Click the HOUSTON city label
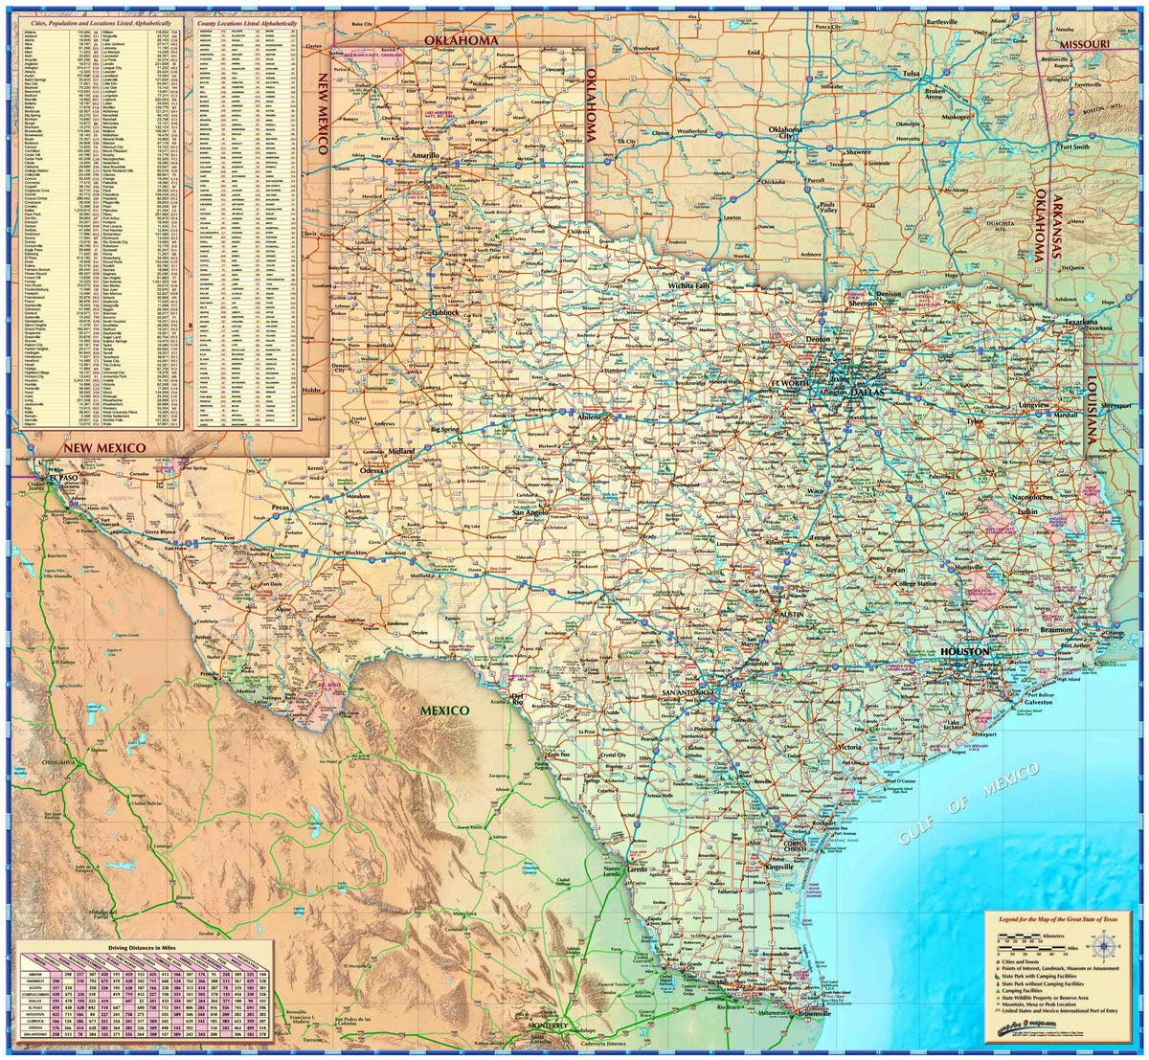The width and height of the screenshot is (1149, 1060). pos(964,651)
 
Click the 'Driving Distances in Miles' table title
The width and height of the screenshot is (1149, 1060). pos(142,947)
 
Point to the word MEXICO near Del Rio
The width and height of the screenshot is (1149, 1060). pos(442,710)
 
